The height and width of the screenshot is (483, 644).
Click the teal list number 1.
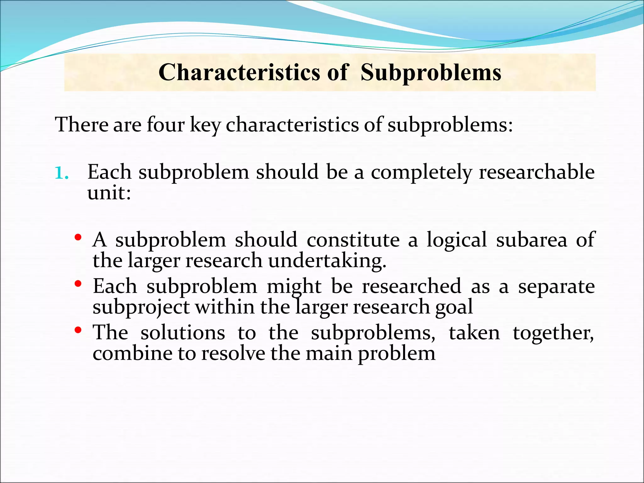click(61, 173)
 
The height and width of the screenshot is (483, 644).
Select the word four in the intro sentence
click(165, 125)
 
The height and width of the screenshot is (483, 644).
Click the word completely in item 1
click(421, 172)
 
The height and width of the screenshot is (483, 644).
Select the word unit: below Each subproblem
click(109, 192)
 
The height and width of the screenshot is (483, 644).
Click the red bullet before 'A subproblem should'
click(78, 237)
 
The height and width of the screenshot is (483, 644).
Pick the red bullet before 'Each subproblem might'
click(78, 284)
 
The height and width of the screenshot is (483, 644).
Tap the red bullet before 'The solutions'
click(78, 330)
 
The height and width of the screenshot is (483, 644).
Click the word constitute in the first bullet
click(353, 240)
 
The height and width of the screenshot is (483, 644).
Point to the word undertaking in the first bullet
click(327, 261)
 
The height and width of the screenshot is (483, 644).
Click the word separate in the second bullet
click(556, 287)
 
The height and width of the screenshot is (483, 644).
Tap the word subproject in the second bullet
click(141, 308)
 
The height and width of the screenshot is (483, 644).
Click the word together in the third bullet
click(553, 333)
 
